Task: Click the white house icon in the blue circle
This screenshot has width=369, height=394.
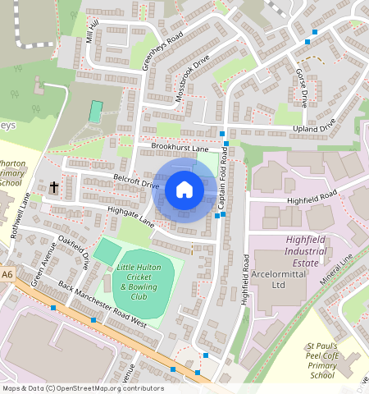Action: [184, 190]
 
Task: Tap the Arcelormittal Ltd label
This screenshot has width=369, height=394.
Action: [276, 281]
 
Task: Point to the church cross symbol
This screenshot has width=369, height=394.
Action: [53, 188]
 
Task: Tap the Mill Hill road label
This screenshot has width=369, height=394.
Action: [91, 30]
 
